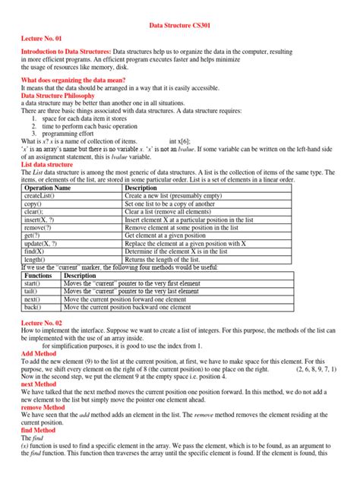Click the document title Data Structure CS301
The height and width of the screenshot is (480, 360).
pos(179,25)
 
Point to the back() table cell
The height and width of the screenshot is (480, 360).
pos(34,308)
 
